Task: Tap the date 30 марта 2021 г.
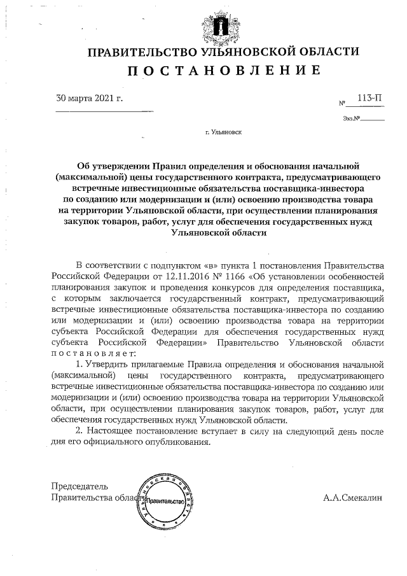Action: click(90, 99)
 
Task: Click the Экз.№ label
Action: click(351, 118)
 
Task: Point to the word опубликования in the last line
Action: click(179, 442)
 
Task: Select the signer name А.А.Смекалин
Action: click(352, 498)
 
